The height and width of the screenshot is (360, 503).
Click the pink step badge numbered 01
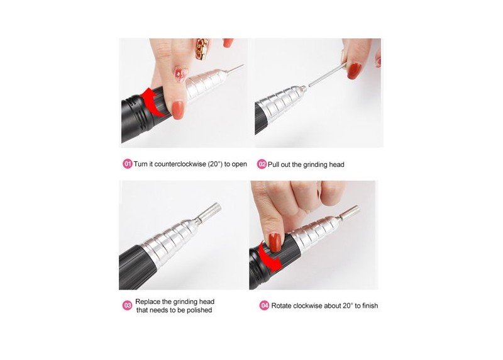click(x=128, y=164)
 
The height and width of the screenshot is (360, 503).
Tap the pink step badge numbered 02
click(x=262, y=164)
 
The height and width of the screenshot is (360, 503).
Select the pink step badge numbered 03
click(x=128, y=305)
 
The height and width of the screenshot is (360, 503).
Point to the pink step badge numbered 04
click(x=264, y=305)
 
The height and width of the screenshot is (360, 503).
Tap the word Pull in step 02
click(x=274, y=164)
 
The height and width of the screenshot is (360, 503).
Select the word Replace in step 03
click(x=148, y=301)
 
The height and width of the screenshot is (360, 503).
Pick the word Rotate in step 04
click(x=281, y=305)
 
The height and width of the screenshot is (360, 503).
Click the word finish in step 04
click(x=370, y=305)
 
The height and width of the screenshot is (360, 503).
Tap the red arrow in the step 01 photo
click(x=152, y=101)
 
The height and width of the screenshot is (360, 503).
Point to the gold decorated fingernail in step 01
click(x=202, y=48)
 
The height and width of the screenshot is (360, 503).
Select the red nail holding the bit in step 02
click(x=354, y=71)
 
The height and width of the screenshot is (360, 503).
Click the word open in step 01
click(x=240, y=164)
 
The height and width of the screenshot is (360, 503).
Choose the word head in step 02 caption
click(x=337, y=164)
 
